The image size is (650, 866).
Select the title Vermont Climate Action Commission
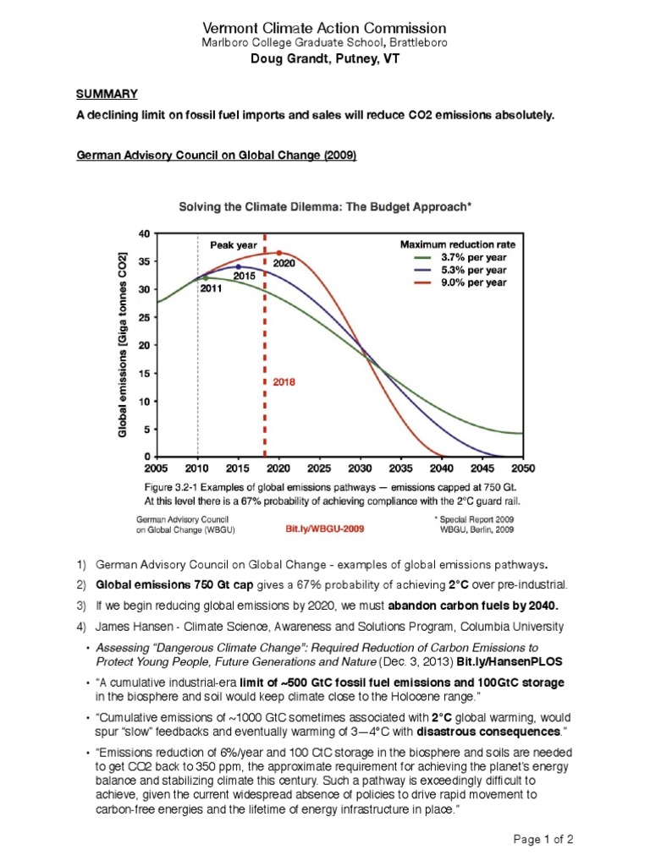pyautogui.click(x=324, y=29)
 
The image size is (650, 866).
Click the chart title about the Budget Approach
pyautogui.click(x=324, y=206)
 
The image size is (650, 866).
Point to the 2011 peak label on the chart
pyautogui.click(x=211, y=288)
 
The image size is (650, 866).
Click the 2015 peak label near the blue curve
pyautogui.click(x=245, y=277)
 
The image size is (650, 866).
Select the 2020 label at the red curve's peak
pyautogui.click(x=284, y=263)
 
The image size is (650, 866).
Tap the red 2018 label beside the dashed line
pyautogui.click(x=284, y=382)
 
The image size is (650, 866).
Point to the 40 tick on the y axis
pyautogui.click(x=143, y=233)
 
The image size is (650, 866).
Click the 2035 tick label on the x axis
pyautogui.click(x=400, y=468)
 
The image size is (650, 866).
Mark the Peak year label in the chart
pyautogui.click(x=234, y=245)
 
